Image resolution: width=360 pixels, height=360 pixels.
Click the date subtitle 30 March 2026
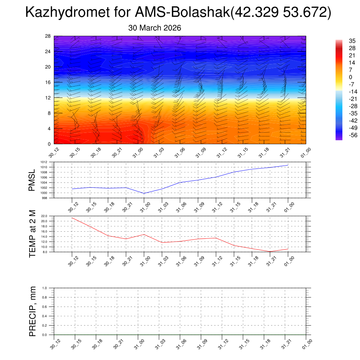coord(155,28)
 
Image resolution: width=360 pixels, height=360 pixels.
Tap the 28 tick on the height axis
coord(48,36)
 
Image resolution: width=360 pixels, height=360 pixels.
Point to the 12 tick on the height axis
coord(48,98)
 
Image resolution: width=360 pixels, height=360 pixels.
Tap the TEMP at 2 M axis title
coord(32,233)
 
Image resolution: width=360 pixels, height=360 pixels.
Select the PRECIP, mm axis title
coord(32,311)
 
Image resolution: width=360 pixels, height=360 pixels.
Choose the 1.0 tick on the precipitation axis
coord(50,288)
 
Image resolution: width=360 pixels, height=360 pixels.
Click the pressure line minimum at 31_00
coord(144,193)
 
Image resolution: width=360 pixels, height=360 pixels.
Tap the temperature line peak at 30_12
coord(72,218)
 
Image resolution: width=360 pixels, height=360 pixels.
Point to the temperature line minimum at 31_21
coord(270,251)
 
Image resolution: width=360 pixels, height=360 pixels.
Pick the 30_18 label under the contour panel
coord(95,153)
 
